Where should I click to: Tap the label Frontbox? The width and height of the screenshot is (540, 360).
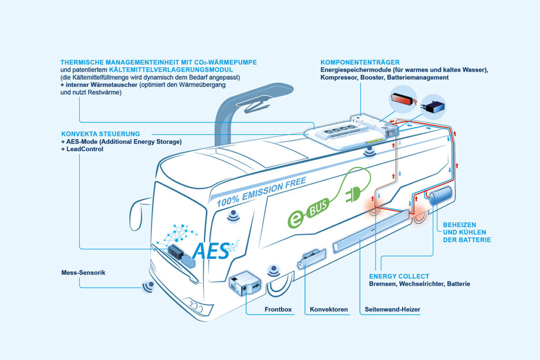[x=278, y=309]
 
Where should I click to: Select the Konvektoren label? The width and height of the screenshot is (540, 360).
[x=329, y=309]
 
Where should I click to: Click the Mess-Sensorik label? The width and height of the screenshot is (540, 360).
[x=83, y=273]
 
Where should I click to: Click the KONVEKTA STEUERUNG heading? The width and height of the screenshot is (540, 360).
[x=100, y=134]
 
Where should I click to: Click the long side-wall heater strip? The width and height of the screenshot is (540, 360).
[x=372, y=230]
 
